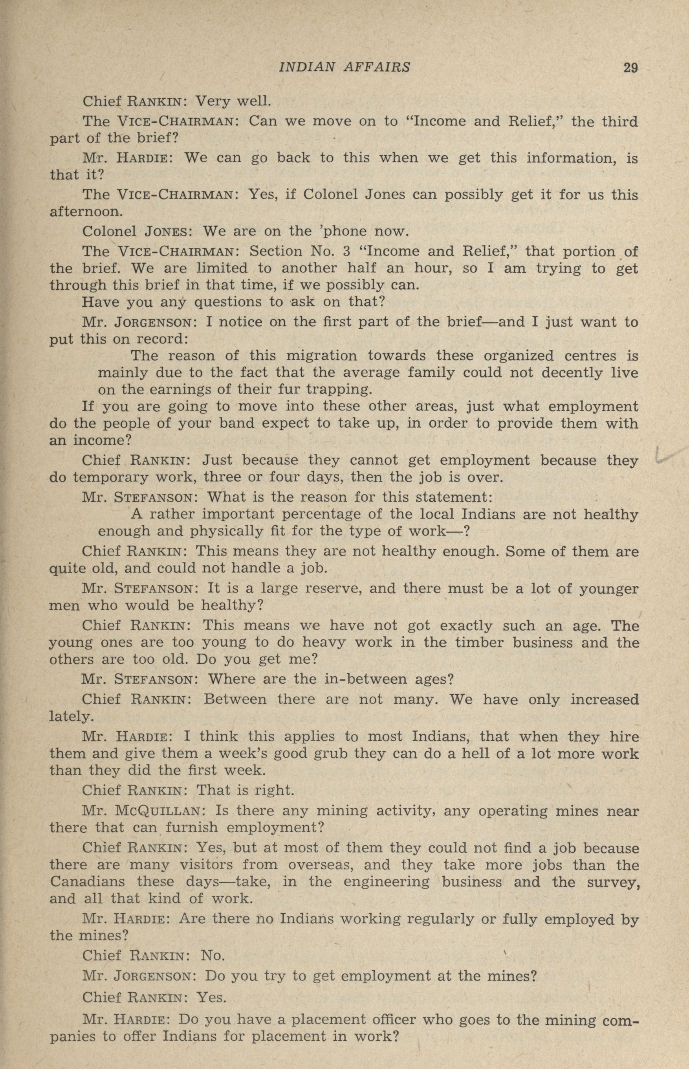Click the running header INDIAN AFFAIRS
[344, 67]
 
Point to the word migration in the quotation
[321, 356]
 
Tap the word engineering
[386, 882]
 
